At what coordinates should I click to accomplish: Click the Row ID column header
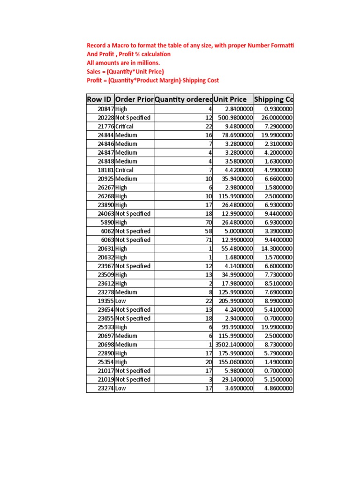click(x=99, y=99)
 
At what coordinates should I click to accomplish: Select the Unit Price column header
click(x=230, y=99)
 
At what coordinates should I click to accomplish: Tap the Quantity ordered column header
click(x=183, y=99)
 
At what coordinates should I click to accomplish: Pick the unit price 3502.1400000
click(x=234, y=345)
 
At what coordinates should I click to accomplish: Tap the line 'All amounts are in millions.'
click(x=123, y=63)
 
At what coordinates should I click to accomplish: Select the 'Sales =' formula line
click(x=125, y=72)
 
